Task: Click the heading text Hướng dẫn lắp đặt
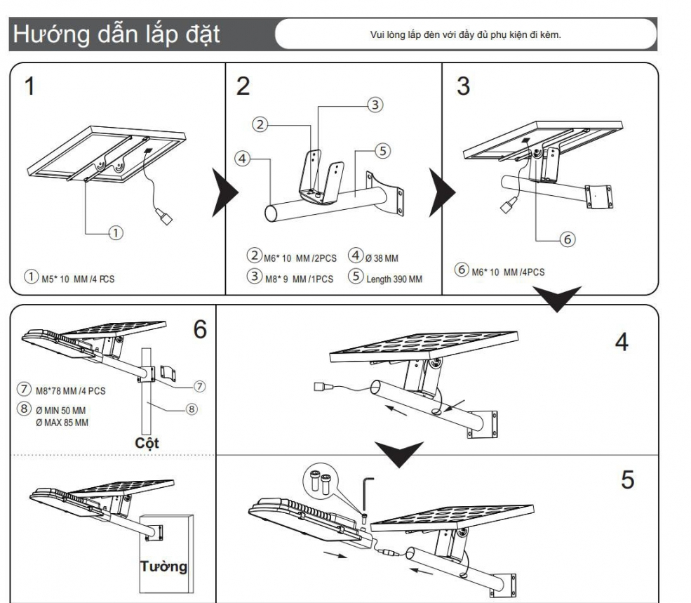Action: [x=115, y=34]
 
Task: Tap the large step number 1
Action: [x=29, y=87]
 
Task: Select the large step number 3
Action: [x=463, y=87]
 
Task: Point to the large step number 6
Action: [x=200, y=329]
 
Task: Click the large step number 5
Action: [x=627, y=480]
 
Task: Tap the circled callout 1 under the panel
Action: [x=116, y=232]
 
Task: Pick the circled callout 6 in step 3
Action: [x=568, y=239]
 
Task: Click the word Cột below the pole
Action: [x=147, y=444]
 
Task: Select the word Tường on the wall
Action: [x=164, y=566]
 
